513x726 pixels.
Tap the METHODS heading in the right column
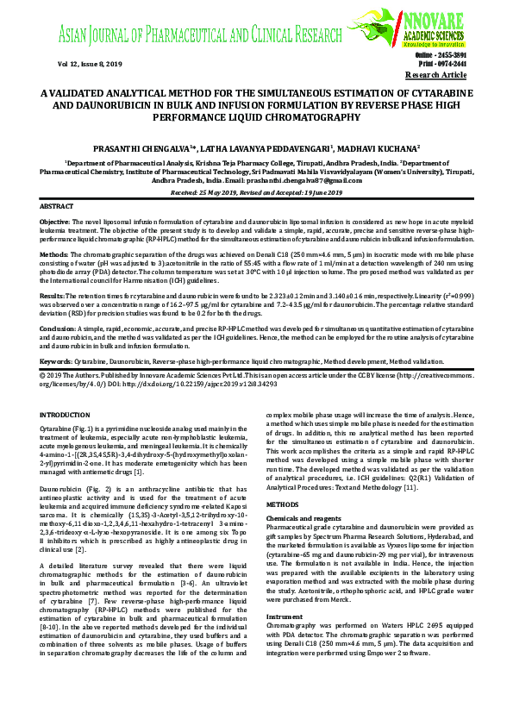tap(283, 503)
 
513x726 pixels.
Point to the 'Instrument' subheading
tap(283, 593)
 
